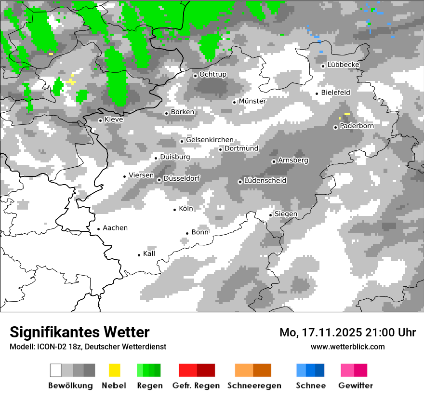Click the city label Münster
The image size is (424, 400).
click(252, 101)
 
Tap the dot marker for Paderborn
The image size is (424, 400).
click(335, 127)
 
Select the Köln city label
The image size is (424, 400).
click(185, 209)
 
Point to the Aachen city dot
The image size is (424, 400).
click(98, 229)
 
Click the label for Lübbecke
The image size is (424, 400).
click(343, 65)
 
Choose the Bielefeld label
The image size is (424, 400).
click(335, 92)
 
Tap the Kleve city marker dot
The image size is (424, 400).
click(100, 120)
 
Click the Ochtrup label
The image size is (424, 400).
click(212, 74)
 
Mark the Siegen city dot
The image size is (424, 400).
click(271, 215)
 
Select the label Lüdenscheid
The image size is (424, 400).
click(265, 181)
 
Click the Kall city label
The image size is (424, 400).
click(149, 253)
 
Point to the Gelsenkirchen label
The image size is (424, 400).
click(210, 140)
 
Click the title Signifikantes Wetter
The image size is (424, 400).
click(79, 332)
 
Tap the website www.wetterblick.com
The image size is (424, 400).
click(347, 347)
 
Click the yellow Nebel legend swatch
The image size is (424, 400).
click(115, 370)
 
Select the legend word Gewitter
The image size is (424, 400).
click(355, 386)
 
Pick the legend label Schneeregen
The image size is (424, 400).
click(254, 386)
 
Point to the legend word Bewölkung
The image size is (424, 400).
click(70, 386)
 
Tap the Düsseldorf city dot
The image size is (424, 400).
click(159, 180)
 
